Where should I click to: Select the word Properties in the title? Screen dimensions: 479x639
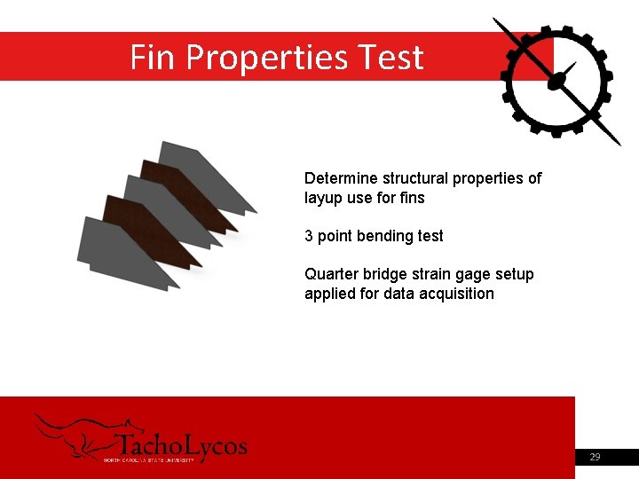[x=268, y=59]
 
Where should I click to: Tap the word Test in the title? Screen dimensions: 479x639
[x=391, y=58]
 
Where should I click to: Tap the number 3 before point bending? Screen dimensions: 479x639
[x=309, y=236]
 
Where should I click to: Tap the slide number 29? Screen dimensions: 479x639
[x=595, y=457]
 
